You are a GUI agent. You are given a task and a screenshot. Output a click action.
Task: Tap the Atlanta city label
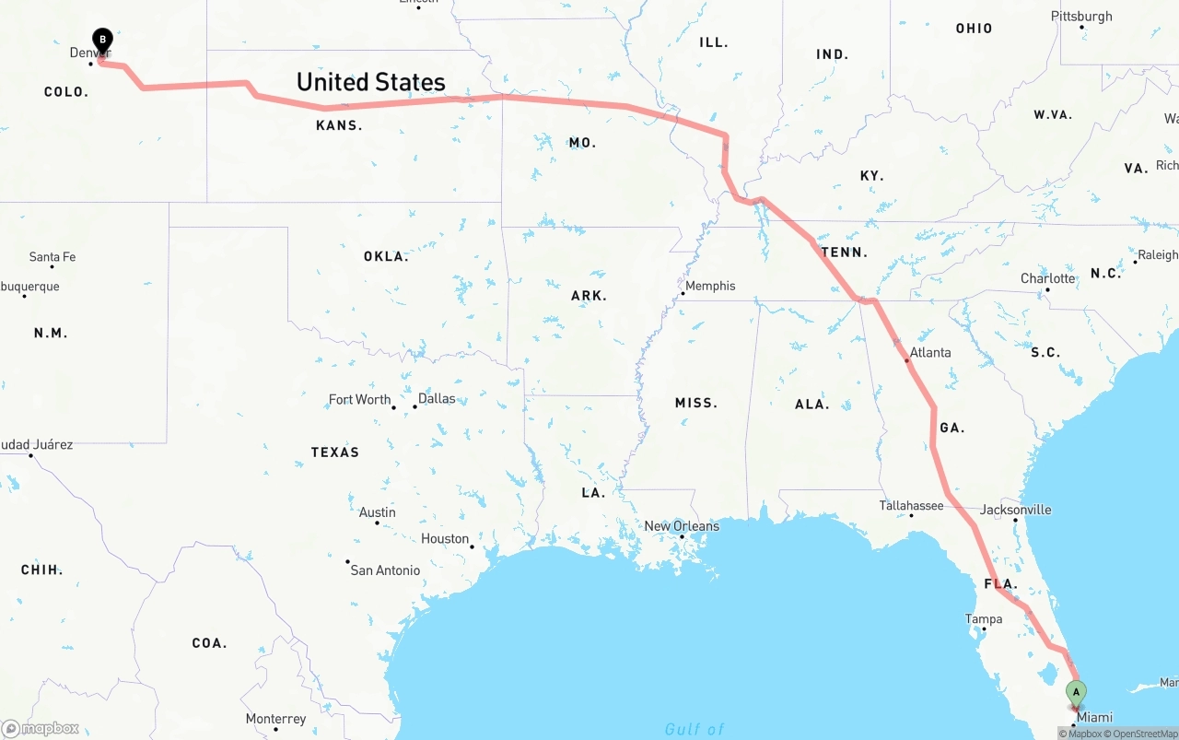(930, 352)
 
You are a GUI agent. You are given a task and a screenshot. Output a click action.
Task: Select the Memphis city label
(710, 286)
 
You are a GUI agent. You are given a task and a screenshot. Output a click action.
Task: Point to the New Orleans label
(682, 526)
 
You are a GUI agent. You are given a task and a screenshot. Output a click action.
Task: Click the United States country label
(370, 82)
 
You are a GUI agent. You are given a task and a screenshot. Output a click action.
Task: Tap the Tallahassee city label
(911, 505)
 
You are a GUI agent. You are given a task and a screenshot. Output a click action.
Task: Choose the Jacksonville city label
(1015, 510)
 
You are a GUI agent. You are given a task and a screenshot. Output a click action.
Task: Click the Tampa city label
(983, 619)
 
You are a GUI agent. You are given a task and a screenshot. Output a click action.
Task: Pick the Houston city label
(445, 539)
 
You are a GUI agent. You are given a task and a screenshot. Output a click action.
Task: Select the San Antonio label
(385, 570)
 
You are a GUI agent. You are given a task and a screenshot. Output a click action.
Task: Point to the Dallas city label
(437, 399)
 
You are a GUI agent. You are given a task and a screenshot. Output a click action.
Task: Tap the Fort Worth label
(360, 399)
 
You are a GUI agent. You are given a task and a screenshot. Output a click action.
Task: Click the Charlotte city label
(1048, 278)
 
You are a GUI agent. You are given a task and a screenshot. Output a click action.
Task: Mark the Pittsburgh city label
(1081, 17)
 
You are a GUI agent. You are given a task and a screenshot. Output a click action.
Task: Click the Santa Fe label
(53, 257)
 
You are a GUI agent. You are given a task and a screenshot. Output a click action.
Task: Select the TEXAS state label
(335, 452)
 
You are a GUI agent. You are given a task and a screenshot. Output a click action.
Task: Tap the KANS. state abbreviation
(339, 125)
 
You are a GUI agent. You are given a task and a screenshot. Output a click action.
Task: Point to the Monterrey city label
(275, 719)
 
